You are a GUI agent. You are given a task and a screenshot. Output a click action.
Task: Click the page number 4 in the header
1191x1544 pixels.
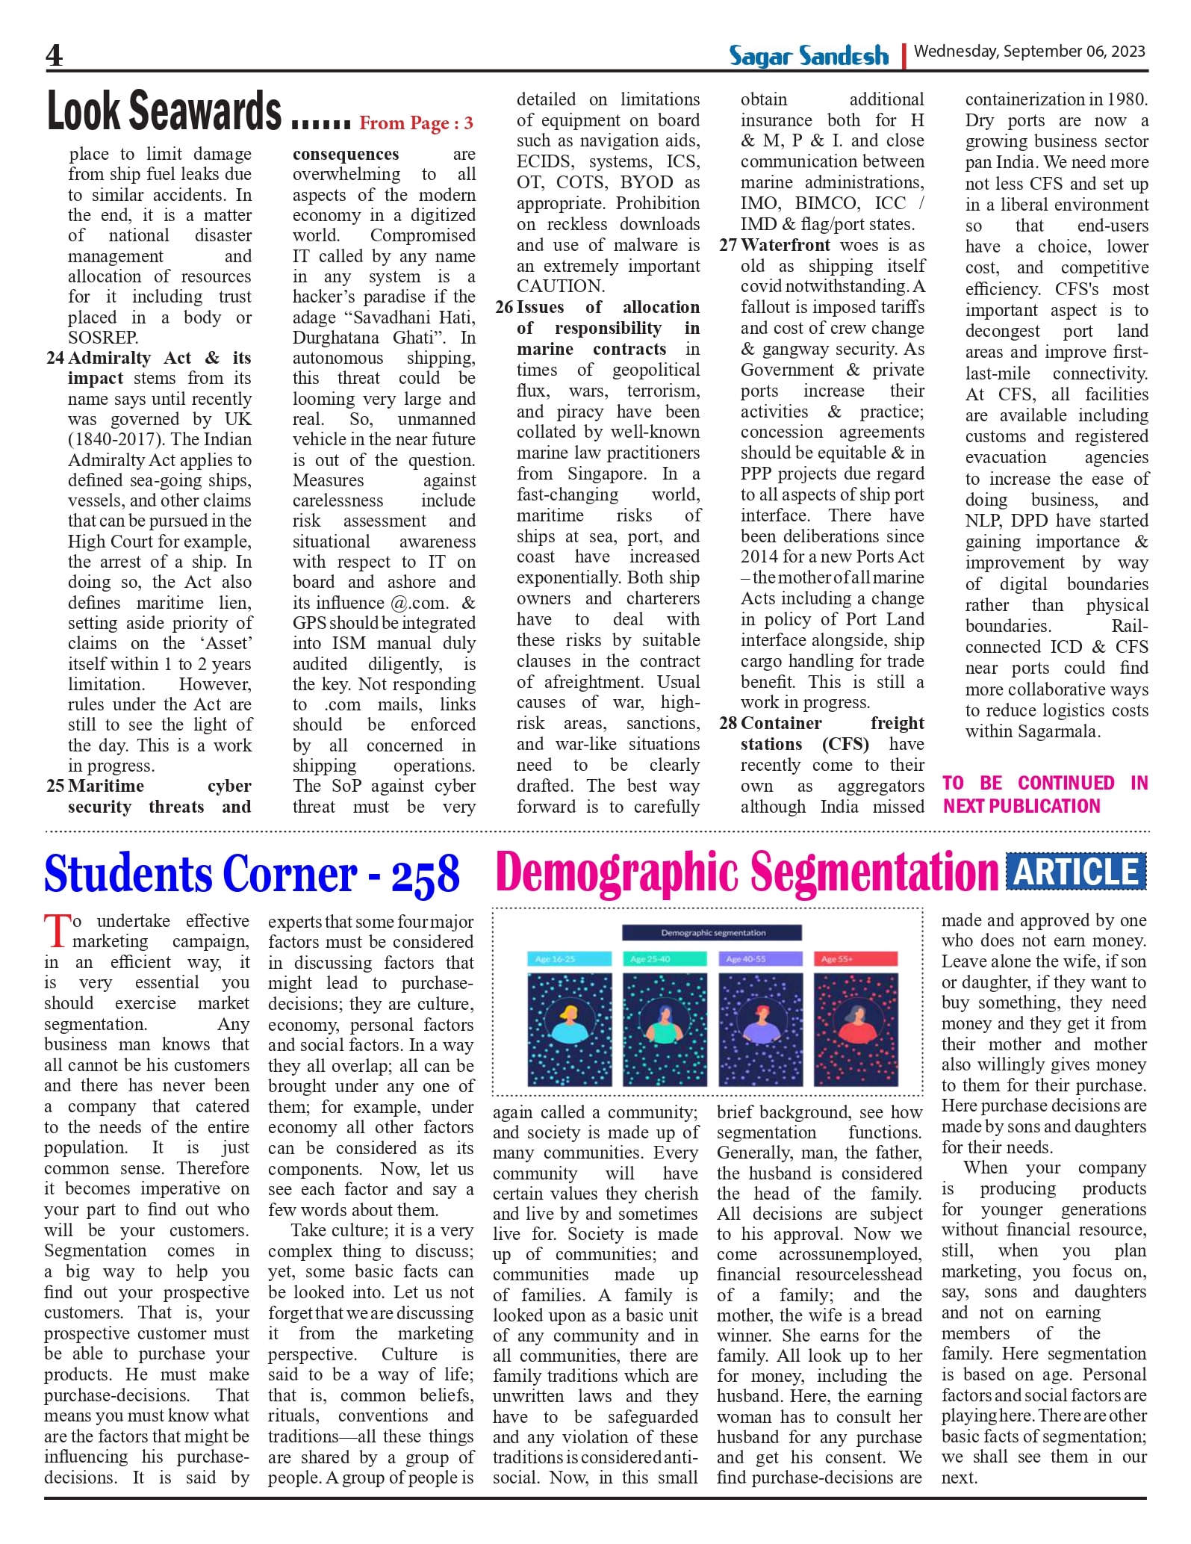[55, 55]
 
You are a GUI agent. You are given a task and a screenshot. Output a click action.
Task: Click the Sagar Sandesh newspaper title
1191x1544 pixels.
[809, 56]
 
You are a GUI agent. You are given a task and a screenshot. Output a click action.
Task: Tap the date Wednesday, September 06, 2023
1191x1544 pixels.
[1029, 52]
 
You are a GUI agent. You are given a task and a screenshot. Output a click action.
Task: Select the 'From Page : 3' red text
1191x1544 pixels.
[416, 123]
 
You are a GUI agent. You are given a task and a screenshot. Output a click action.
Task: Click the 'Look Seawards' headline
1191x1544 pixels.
[164, 111]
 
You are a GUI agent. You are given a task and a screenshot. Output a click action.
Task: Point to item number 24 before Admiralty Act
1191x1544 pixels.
[55, 358]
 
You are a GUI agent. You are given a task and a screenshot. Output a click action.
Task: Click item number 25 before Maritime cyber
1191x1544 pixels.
[55, 786]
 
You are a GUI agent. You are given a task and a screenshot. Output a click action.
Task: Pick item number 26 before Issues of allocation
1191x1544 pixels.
[504, 307]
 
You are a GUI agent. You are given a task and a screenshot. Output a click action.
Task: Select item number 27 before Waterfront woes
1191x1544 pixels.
[728, 245]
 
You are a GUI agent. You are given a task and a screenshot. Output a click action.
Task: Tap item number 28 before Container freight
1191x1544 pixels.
[728, 723]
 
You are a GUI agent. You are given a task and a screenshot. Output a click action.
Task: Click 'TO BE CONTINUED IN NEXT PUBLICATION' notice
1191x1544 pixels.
[1044, 794]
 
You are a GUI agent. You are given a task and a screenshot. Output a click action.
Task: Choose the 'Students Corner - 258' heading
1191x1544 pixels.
[252, 874]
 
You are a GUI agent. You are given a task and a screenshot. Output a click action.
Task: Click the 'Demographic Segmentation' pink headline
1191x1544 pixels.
[746, 872]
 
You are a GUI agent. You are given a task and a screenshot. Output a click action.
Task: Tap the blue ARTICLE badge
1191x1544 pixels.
[1075, 872]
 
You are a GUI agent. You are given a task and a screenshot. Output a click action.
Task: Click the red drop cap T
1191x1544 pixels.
[57, 931]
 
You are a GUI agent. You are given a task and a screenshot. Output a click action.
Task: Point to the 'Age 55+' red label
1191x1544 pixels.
[857, 959]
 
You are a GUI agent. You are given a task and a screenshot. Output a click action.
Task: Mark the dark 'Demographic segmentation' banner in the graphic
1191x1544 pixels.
[712, 933]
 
